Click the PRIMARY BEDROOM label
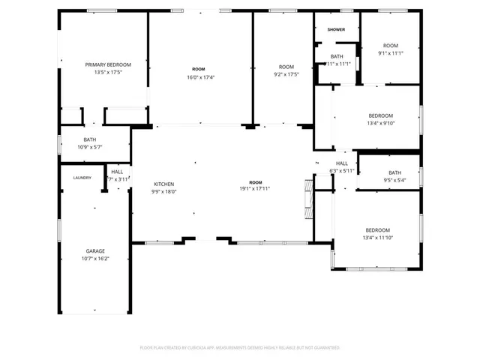pyautogui.click(x=107, y=64)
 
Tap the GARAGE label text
pyautogui.click(x=95, y=250)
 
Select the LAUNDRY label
pyautogui.click(x=82, y=178)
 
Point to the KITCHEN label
pyautogui.click(x=164, y=184)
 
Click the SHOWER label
pyautogui.click(x=336, y=29)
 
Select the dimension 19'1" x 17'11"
pyautogui.click(x=256, y=190)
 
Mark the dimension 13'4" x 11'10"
pyautogui.click(x=377, y=238)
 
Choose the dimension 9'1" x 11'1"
pyautogui.click(x=390, y=53)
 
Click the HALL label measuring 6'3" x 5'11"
pyautogui.click(x=342, y=163)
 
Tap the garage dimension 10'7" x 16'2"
pyautogui.click(x=95, y=259)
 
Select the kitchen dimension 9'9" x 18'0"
pyautogui.click(x=164, y=191)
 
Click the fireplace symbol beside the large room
pyautogui.click(x=306, y=199)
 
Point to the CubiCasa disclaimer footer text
pyautogui.click(x=240, y=348)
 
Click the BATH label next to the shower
pyautogui.click(x=337, y=56)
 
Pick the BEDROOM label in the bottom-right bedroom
pyautogui.click(x=377, y=229)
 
